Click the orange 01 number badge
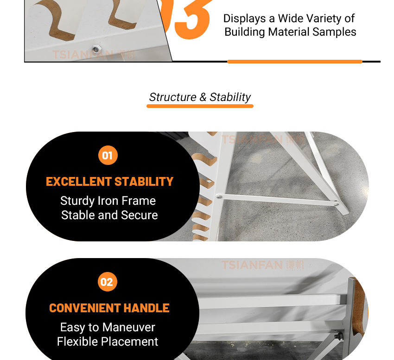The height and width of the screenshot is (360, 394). coord(108,155)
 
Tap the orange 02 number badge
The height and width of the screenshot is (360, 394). coord(107,282)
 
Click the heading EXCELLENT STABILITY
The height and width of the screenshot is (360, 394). coord(109,181)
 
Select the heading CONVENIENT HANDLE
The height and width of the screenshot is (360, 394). coord(109,308)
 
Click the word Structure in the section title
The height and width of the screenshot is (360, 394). coord(172,97)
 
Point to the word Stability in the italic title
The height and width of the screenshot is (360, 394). coord(230,97)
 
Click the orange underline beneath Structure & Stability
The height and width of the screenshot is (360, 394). coord(200,106)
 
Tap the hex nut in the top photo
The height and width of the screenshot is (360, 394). coord(95,49)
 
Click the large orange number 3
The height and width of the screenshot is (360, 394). coord(193,19)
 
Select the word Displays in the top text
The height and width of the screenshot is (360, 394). coord(244,19)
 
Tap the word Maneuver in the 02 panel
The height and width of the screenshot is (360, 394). coord(129,327)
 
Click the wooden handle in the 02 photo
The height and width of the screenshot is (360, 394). coord(359,307)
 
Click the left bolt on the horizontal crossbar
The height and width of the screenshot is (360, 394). coord(219,197)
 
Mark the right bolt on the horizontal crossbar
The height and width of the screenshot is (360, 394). coord(336,204)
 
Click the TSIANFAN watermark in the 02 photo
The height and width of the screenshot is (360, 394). coord(262,265)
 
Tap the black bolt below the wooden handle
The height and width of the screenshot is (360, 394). coord(339,336)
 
